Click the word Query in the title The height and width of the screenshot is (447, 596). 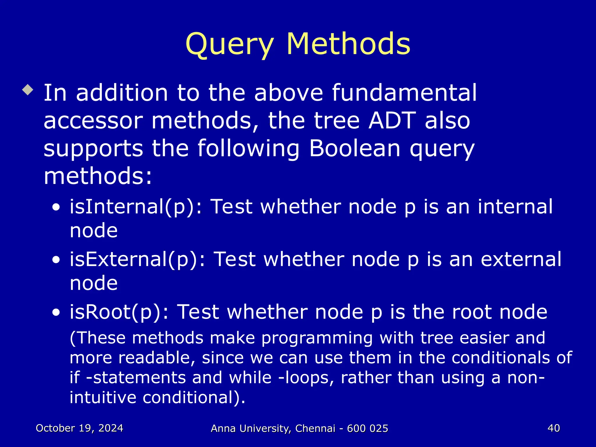pyautogui.click(x=229, y=44)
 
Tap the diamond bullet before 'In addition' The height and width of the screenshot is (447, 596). pyautogui.click(x=28, y=90)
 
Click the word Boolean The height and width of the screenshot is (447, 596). pyautogui.click(x=354, y=148)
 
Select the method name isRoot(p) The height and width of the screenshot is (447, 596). pyautogui.click(x=119, y=312)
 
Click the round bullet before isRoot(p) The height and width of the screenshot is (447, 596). pyautogui.click(x=56, y=313)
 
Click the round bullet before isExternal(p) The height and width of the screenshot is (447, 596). pyautogui.click(x=56, y=260)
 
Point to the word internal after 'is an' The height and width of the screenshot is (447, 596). pyautogui.click(x=515, y=206)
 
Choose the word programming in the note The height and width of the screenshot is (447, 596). pyautogui.click(x=317, y=338)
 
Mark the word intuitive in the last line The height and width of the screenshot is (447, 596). pyautogui.click(x=103, y=397)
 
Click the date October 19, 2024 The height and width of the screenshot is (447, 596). pyautogui.click(x=79, y=428)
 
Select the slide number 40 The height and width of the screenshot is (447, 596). pyautogui.click(x=554, y=428)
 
